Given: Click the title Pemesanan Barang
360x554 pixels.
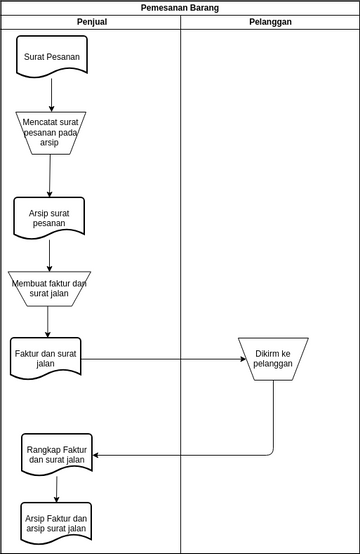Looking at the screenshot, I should [180, 8].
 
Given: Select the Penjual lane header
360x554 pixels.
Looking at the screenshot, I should [91, 22].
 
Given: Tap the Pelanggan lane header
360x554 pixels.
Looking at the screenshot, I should [270, 22].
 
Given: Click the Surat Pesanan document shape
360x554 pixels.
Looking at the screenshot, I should [52, 56].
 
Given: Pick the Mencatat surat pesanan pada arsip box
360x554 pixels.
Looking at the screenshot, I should [51, 133].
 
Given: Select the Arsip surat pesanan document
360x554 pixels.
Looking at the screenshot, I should [49, 217].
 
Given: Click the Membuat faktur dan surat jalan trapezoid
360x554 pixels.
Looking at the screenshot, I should [49, 289].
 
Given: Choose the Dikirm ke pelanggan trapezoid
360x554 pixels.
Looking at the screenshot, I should [273, 358].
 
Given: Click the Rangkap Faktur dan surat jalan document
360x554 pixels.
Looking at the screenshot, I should [57, 454].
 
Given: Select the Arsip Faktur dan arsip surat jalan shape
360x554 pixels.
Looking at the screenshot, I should [56, 523].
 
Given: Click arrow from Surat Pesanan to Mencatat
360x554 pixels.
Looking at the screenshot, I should [52, 95].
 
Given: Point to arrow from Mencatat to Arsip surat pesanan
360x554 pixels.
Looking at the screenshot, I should [50, 176].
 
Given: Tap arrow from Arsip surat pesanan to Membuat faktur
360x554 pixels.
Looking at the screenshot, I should [49, 255].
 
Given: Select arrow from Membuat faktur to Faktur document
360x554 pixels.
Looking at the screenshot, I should [47, 322].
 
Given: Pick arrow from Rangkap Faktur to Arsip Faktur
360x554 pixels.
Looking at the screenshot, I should [57, 489].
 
